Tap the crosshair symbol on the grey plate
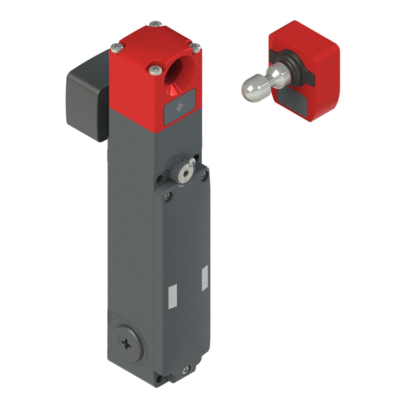(179, 107)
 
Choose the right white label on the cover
(204, 278)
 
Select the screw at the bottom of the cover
(186, 370)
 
